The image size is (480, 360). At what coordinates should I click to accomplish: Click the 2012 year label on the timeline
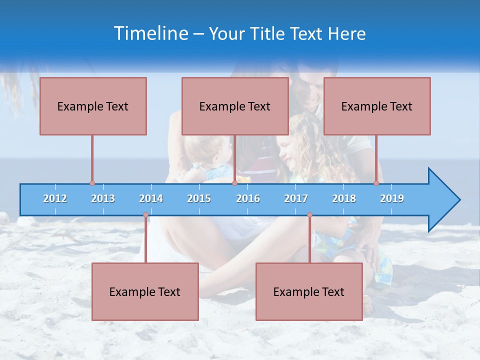[x=55, y=198]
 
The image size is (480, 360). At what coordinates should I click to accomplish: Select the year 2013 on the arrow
[x=103, y=198]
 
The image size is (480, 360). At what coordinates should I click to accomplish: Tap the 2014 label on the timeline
[x=151, y=198]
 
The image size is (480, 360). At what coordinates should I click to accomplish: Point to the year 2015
[x=199, y=198]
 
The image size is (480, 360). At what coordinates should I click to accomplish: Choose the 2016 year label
[x=248, y=198]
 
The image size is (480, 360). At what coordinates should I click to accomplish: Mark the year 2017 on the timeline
[x=296, y=198]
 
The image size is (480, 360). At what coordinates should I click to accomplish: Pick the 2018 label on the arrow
[x=344, y=198]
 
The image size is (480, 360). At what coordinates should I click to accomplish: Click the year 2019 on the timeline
[x=392, y=198]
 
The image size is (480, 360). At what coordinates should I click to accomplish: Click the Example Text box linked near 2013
[x=93, y=106]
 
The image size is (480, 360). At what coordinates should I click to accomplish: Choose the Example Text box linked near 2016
[x=235, y=106]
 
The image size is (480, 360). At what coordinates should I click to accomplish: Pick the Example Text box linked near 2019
[x=377, y=106]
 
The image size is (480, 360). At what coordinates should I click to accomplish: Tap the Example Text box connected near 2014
[x=145, y=291]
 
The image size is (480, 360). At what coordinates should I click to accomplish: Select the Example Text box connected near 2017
[x=309, y=291]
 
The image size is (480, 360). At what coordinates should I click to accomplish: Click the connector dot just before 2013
[x=92, y=183]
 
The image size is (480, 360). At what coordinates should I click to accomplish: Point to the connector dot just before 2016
[x=234, y=183]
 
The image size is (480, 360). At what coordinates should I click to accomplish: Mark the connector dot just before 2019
[x=376, y=183]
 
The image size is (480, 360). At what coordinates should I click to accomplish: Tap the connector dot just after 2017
[x=309, y=215]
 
